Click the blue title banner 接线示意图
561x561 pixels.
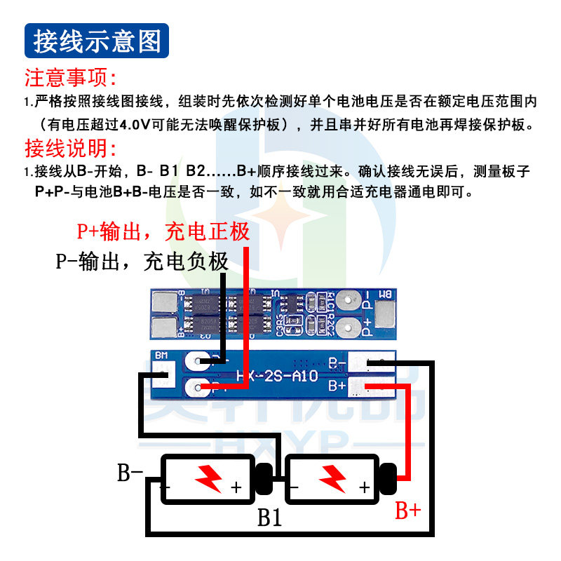[97, 41]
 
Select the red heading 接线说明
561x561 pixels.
[70, 149]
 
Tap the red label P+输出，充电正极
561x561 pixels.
[163, 231]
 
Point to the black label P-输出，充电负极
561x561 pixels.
[142, 262]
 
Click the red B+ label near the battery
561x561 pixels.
[407, 510]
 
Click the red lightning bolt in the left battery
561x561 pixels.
[208, 478]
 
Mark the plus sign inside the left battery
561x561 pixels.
[236, 487]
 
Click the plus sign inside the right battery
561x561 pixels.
[364, 487]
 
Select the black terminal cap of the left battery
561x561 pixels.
[264, 478]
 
